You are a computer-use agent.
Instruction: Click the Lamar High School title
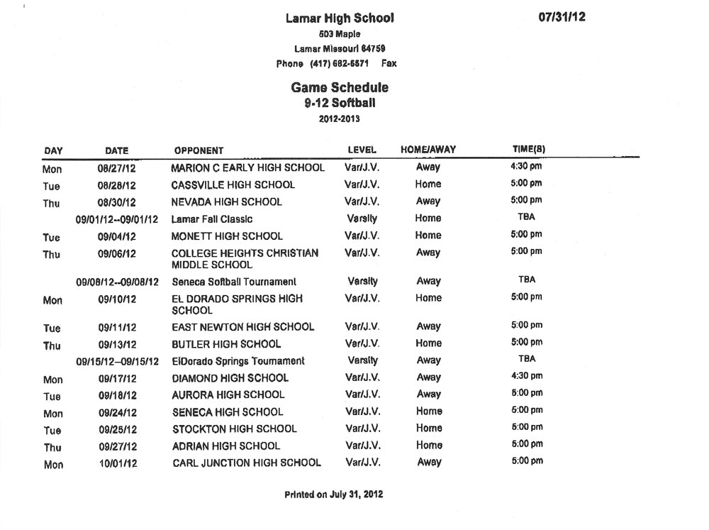point(340,18)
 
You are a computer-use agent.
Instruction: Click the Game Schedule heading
point(340,88)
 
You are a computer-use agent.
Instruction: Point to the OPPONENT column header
point(199,150)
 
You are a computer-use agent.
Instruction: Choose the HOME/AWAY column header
point(428,150)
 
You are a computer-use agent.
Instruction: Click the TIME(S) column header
point(528,149)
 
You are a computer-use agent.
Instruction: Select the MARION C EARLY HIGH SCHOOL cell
point(248,168)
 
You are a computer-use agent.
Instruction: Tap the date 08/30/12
point(117,202)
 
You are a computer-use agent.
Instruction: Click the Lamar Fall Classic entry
point(212,219)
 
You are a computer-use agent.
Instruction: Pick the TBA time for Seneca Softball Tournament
point(527,280)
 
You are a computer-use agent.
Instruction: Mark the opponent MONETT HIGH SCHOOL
point(227,236)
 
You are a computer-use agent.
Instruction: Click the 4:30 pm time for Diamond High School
point(527,376)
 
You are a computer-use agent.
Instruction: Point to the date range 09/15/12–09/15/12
point(117,361)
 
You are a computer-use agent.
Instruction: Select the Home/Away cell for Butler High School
point(428,343)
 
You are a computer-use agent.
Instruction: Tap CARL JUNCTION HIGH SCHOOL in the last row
point(247,463)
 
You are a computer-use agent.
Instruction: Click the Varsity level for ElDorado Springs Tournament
point(362,360)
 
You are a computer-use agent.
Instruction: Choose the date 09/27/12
point(117,446)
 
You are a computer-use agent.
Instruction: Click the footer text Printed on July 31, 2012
point(334,495)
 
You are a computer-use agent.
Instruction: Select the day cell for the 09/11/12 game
point(52,329)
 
